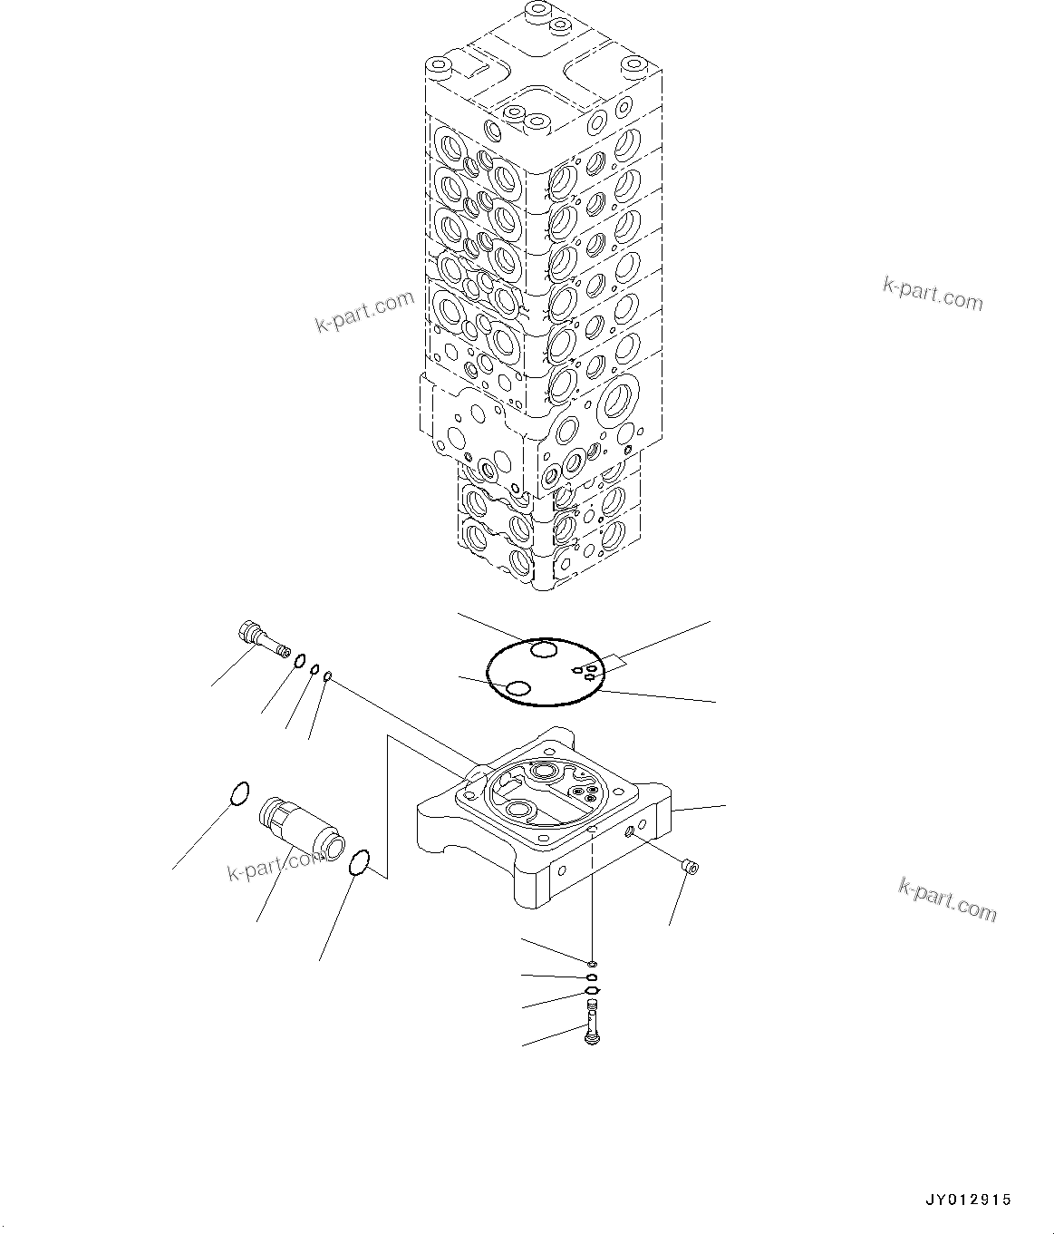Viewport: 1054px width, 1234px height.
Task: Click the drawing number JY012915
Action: click(968, 1200)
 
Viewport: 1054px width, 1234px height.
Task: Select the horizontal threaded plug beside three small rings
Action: click(262, 638)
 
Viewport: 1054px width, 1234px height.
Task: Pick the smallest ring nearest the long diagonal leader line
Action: click(328, 675)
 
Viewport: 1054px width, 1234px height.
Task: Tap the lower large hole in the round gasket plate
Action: click(518, 689)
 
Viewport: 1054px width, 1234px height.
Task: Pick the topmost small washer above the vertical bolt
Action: click(591, 964)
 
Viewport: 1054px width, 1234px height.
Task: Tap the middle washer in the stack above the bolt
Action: click(591, 977)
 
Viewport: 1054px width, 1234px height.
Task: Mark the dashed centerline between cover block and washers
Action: click(592, 898)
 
